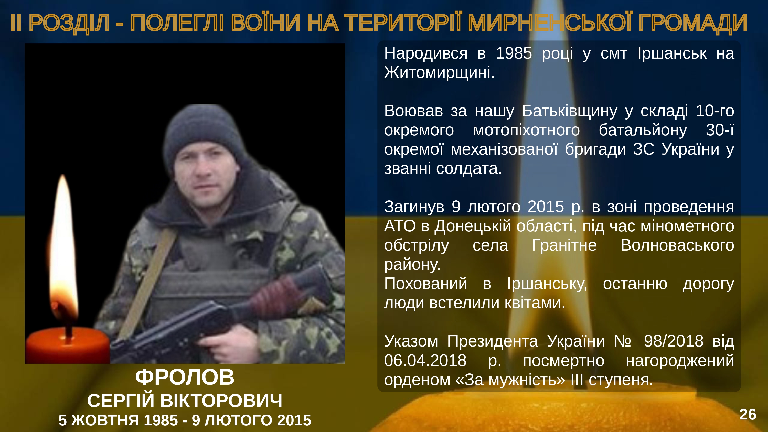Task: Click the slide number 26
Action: click(x=748, y=414)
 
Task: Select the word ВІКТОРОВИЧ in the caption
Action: click(x=221, y=401)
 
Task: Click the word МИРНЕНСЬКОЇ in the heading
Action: click(x=549, y=23)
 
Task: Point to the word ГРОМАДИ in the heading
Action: click(x=693, y=23)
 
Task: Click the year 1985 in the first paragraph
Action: click(x=514, y=53)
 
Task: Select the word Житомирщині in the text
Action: click(x=439, y=72)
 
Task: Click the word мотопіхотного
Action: click(x=526, y=130)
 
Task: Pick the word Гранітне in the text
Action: click(x=564, y=245)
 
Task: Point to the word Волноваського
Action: click(x=677, y=245)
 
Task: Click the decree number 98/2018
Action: click(x=674, y=341)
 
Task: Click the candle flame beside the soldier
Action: click(x=63, y=247)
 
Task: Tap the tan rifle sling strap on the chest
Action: click(x=149, y=283)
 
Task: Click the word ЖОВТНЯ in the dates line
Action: click(x=105, y=420)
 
